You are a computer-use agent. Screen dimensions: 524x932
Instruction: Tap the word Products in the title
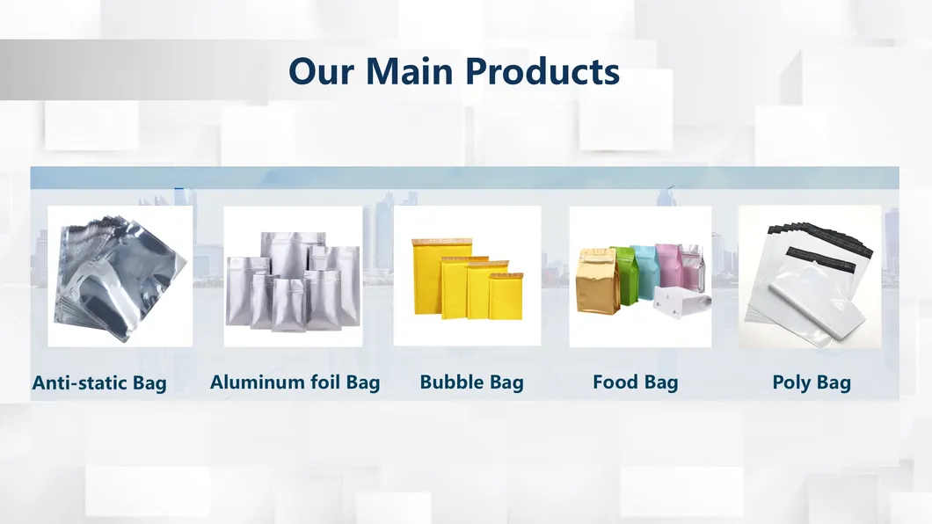pos(542,71)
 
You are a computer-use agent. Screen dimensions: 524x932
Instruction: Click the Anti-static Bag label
pos(99,383)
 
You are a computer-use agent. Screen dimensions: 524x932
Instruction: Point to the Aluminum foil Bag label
pos(295,382)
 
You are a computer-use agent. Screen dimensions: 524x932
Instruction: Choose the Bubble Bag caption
pos(471,382)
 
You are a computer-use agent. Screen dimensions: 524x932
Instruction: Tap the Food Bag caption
pos(635,382)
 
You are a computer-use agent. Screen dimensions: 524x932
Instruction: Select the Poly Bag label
pos(811,382)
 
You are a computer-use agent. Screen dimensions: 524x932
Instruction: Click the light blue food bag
pos(644,268)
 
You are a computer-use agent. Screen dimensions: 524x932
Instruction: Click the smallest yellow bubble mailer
pos(505,296)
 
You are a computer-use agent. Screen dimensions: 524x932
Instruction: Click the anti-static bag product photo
pos(120,276)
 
